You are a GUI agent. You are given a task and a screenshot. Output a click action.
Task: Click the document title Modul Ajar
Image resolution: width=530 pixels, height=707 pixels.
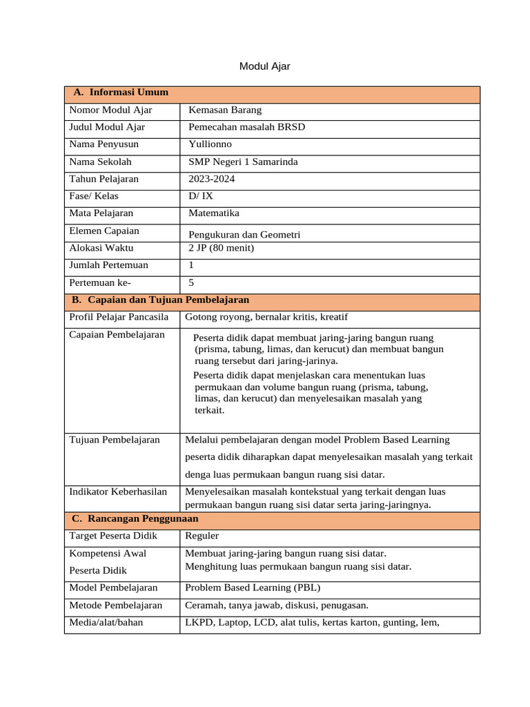click(264, 66)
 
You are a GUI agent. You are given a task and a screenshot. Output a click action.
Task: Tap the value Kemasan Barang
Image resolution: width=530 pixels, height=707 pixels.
click(225, 110)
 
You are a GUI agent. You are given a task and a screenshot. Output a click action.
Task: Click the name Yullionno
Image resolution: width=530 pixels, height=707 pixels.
click(210, 144)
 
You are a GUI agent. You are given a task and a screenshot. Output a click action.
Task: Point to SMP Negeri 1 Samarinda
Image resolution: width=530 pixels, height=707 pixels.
click(243, 162)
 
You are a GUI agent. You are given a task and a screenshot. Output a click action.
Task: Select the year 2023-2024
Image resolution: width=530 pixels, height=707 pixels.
click(212, 179)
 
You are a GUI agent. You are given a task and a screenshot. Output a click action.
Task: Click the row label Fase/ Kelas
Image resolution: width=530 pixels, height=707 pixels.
click(94, 196)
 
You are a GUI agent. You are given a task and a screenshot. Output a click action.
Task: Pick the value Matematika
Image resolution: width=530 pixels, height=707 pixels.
click(214, 213)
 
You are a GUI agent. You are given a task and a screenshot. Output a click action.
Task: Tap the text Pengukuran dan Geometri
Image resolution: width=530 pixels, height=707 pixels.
click(244, 235)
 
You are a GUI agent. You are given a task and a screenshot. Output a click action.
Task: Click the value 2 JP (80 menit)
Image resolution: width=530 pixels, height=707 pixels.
click(221, 248)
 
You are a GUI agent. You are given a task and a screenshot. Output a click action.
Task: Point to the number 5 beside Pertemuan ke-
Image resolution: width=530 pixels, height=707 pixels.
click(191, 282)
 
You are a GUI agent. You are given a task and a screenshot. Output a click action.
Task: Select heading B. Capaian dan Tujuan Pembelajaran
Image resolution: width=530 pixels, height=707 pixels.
click(160, 300)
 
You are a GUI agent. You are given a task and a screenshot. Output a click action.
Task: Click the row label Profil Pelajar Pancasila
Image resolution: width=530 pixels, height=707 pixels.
click(119, 317)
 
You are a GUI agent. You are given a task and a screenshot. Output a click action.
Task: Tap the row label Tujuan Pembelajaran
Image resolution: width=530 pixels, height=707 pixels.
click(115, 440)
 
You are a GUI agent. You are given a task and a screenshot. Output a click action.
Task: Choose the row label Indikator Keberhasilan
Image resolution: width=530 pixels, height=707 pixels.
click(118, 492)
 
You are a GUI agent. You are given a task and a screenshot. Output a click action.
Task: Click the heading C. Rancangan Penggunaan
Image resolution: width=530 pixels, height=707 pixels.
click(135, 518)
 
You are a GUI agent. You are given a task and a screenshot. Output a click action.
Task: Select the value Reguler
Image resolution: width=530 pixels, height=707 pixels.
click(202, 536)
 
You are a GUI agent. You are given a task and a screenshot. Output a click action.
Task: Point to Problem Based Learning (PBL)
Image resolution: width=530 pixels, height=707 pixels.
click(253, 588)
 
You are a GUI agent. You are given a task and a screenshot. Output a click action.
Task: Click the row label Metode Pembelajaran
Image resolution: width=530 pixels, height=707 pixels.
click(116, 606)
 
